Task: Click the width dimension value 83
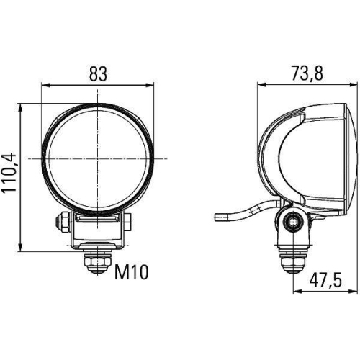(x=99, y=73)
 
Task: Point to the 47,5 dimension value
(x=324, y=280)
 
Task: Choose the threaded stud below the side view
(x=293, y=259)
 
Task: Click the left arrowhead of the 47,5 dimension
(x=297, y=291)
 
